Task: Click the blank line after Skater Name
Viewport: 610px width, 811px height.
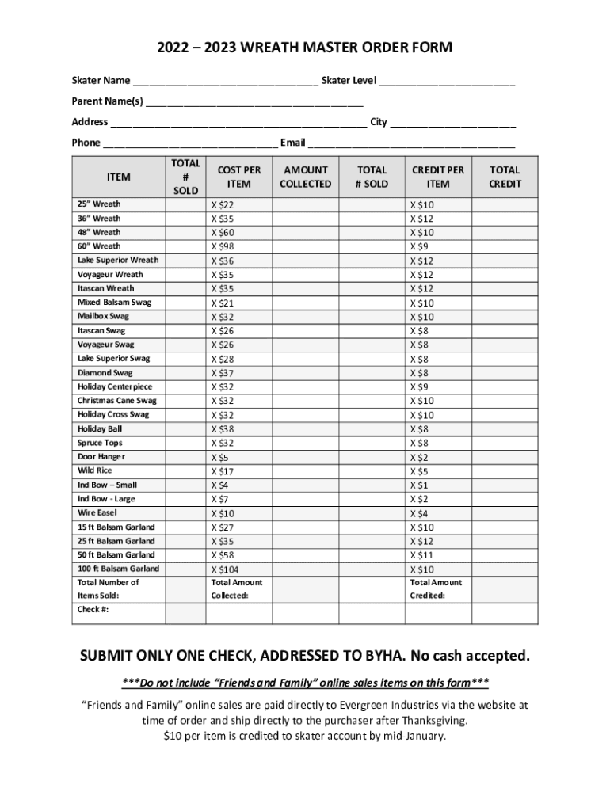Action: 226,82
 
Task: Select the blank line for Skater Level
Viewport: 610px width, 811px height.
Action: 448,82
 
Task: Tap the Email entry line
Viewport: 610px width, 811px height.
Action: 412,144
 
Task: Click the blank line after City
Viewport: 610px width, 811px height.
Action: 453,124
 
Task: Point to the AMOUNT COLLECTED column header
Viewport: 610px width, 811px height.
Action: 306,177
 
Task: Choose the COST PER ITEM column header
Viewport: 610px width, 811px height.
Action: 238,177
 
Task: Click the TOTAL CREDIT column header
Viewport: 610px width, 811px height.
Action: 505,177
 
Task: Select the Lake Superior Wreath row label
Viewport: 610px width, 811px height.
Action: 118,260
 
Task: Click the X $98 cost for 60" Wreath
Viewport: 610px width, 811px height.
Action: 223,246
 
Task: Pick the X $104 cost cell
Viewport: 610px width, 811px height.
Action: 224,569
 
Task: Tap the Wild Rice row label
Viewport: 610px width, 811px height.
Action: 95,470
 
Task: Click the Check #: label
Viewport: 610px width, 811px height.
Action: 93,610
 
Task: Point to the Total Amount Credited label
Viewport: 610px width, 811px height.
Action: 436,588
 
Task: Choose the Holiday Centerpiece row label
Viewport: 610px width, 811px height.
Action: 115,386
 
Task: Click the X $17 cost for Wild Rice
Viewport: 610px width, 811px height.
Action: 223,471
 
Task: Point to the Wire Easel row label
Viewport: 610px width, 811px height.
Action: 97,512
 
